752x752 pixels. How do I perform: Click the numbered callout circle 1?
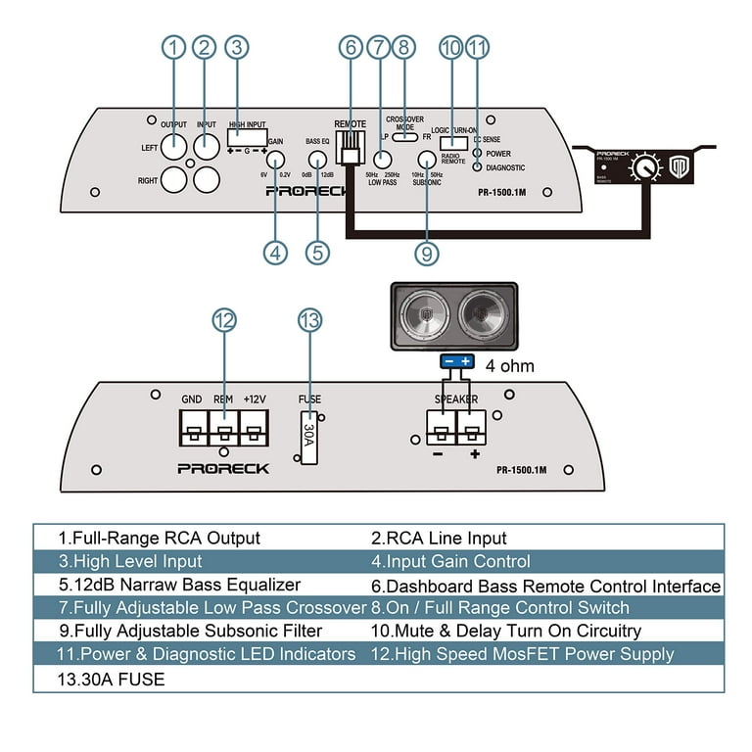point(174,47)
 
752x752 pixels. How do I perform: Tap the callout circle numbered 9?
point(426,252)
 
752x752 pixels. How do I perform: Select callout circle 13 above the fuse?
point(309,320)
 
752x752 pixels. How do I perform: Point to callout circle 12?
point(224,320)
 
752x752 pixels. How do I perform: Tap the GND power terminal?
point(193,428)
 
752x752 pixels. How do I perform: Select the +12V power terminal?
point(254,428)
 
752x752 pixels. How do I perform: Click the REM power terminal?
point(223,428)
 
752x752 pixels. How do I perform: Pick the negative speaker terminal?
point(441,428)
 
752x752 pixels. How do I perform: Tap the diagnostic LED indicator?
point(477,167)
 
